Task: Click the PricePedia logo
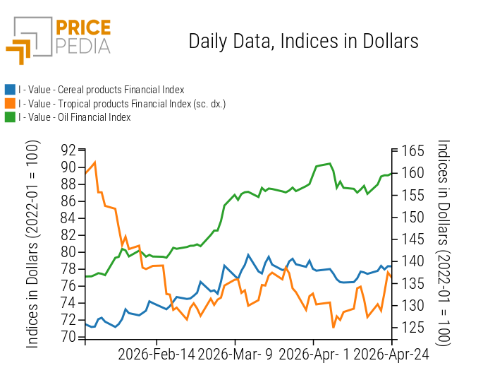pos(59,40)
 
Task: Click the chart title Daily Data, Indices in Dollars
pos(303,41)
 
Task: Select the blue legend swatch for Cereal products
pos(10,90)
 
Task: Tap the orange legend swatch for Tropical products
pos(10,103)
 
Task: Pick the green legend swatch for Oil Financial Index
pos(10,117)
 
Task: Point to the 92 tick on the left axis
pos(68,150)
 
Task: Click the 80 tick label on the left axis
pos(68,252)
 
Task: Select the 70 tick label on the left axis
pos(68,337)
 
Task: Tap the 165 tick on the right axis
pos(411,151)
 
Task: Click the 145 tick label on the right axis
pos(411,239)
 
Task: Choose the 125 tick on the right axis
pos(411,328)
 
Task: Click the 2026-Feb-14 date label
pos(156,354)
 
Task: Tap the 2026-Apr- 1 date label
pos(314,354)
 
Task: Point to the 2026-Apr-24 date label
pos(391,354)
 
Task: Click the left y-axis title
pos(32,244)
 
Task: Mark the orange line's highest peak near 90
pos(94,162)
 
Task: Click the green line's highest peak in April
pos(329,164)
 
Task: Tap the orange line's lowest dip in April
pos(333,327)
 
